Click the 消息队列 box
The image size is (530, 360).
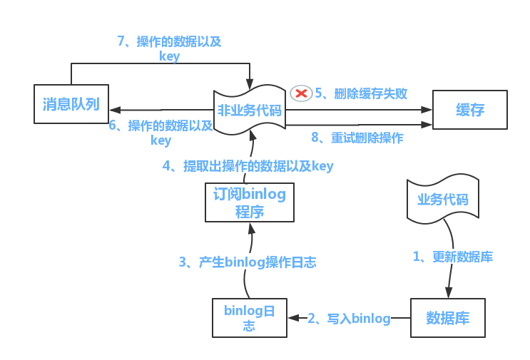(x=71, y=104)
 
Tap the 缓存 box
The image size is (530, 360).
(x=470, y=110)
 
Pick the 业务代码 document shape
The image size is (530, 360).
(x=443, y=199)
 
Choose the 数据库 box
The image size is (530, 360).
(x=447, y=318)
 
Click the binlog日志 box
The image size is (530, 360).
(x=249, y=318)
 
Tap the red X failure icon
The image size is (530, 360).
(x=301, y=93)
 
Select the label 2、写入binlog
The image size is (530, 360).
(x=349, y=319)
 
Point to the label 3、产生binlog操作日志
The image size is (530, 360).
(x=248, y=262)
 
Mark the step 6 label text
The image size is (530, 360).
(x=160, y=133)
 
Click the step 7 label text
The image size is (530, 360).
(x=169, y=48)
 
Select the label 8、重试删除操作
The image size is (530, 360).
(x=357, y=138)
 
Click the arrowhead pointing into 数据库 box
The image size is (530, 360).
(x=449, y=292)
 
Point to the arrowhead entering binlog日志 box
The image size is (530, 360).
(x=292, y=318)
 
